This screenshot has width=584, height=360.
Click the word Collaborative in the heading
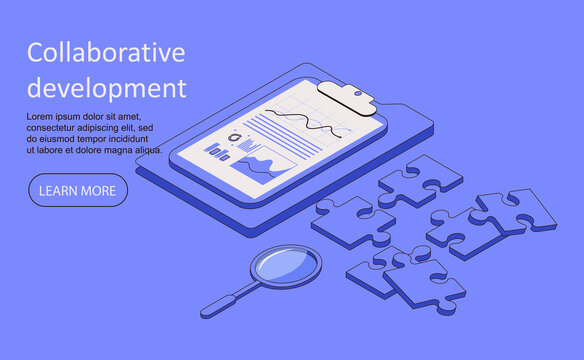106,53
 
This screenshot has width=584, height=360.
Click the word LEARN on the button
59,190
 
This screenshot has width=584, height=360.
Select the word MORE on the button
98,190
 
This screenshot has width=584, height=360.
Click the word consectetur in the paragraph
56,128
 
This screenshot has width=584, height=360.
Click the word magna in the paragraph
119,150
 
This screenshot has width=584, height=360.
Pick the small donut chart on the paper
235,137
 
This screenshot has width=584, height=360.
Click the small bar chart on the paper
219,152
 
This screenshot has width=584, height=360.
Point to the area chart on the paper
263,166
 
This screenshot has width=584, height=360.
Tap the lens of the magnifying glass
286,265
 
